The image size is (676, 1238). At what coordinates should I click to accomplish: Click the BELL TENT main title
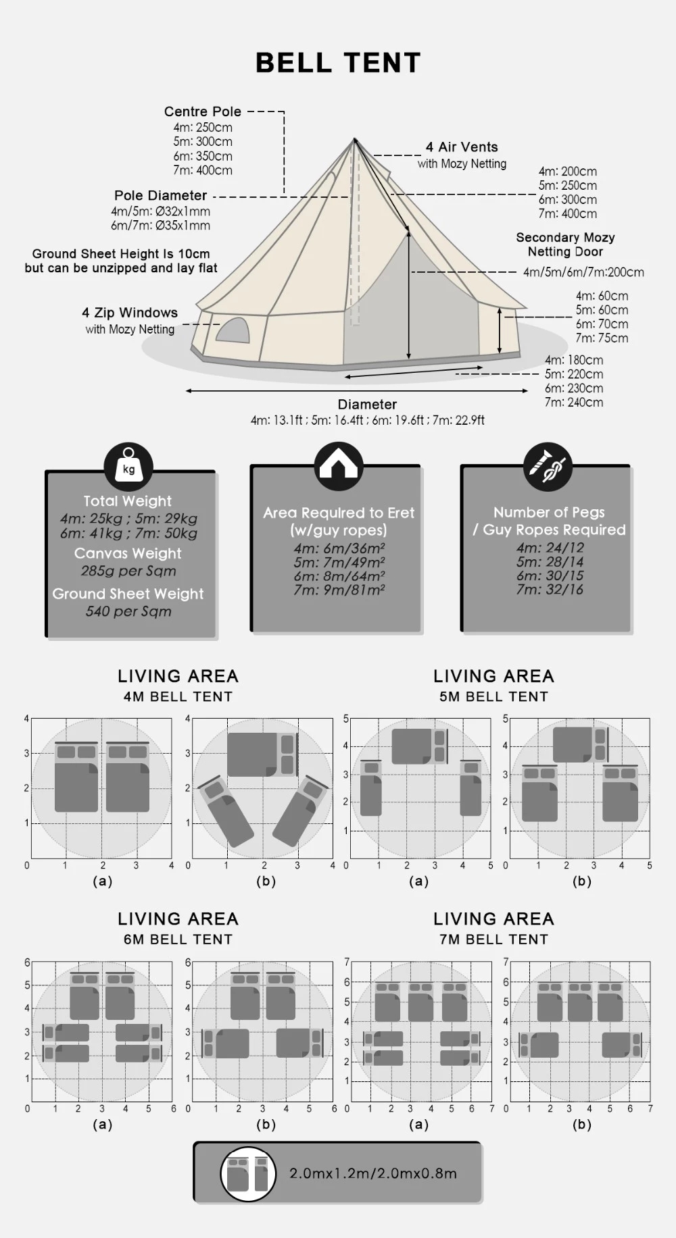tap(338, 63)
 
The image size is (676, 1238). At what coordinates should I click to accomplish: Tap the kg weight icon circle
tap(128, 467)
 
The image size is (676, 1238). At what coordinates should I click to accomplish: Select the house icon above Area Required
tap(339, 466)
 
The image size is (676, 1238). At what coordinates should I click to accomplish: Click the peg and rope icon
tap(548, 467)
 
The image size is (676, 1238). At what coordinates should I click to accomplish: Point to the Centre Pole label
tap(202, 111)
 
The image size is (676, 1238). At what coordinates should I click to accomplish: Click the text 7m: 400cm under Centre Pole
tap(202, 170)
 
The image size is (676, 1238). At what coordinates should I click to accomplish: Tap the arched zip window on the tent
tap(233, 330)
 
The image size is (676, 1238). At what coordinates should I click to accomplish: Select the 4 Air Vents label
tap(462, 147)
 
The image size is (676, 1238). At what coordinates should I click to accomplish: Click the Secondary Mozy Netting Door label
tap(565, 244)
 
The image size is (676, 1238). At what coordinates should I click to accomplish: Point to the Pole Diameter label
tap(160, 195)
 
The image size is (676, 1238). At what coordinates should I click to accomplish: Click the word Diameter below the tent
tap(367, 404)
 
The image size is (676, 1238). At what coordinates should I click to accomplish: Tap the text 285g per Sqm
tap(128, 571)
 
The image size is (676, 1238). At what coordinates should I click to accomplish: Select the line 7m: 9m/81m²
tap(339, 590)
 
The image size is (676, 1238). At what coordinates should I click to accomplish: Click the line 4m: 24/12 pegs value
tap(550, 548)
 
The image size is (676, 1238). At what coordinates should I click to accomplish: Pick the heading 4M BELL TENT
tap(178, 696)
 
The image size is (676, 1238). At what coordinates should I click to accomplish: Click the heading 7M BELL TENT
tap(493, 939)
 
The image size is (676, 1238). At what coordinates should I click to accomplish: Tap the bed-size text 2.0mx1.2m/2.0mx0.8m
tap(373, 1173)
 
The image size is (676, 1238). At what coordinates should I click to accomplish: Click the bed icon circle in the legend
tap(248, 1174)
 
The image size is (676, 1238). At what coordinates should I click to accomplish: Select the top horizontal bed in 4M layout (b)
tap(262, 754)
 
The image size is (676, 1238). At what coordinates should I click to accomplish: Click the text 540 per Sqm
tap(128, 611)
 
